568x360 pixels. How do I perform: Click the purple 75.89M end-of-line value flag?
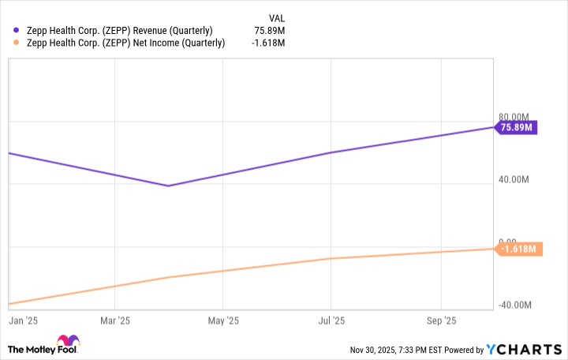click(516, 127)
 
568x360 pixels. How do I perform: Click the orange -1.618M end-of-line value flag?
click(518, 249)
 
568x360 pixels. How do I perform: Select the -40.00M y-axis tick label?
click(516, 306)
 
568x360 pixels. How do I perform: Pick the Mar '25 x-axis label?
click(115, 321)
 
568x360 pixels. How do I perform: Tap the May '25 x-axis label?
click(222, 321)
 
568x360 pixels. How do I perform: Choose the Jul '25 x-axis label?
click(331, 321)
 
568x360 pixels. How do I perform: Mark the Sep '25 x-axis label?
click(439, 321)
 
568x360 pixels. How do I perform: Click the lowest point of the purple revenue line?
click(168, 186)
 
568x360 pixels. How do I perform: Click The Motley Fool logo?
click(43, 347)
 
